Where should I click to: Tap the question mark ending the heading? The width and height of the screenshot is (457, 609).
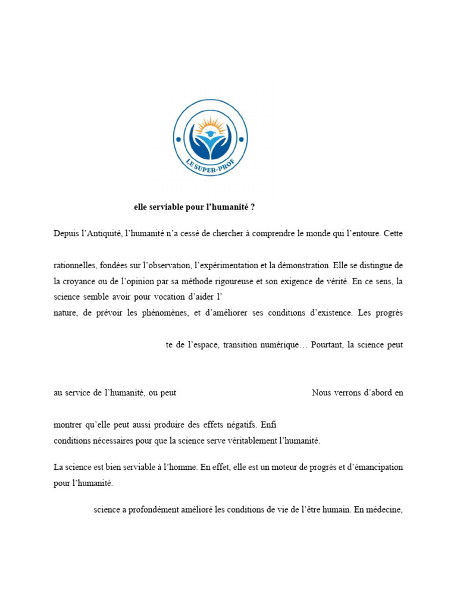pos(253,208)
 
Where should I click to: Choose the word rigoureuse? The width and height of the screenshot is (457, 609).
pos(261,281)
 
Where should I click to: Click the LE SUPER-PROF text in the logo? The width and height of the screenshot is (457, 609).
pos(209,166)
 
